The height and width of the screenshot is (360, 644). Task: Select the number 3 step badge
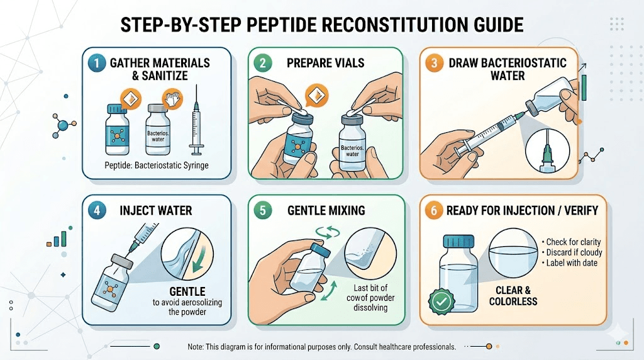click(x=434, y=64)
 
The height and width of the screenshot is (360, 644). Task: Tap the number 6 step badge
click(x=434, y=211)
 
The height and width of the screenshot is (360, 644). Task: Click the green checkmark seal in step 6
click(x=441, y=303)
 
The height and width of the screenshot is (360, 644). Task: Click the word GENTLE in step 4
click(x=187, y=292)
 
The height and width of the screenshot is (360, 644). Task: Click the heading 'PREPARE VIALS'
click(x=326, y=64)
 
